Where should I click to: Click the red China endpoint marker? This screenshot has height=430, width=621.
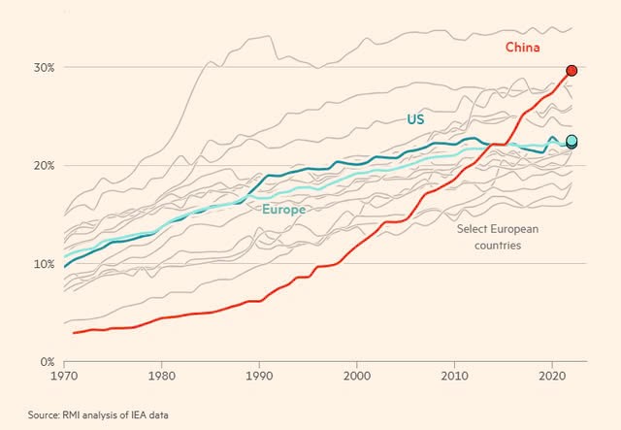[572, 71]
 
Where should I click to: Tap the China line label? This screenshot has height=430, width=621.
[523, 47]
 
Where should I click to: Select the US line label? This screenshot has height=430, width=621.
[416, 119]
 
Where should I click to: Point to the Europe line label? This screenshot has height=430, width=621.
[284, 209]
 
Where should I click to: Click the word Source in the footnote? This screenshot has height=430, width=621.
[46, 415]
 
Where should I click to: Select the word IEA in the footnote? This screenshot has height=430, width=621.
[155, 415]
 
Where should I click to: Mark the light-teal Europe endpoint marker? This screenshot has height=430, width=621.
[572, 141]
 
